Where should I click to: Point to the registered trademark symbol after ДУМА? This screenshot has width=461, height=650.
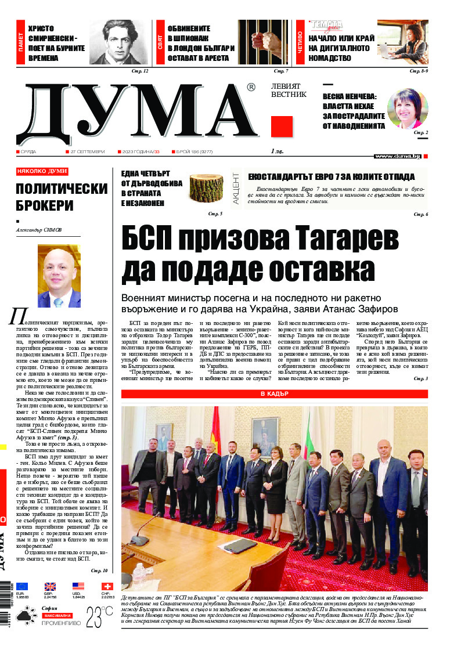click(x=250, y=88)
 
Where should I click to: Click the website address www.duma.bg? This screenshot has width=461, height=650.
click(x=398, y=156)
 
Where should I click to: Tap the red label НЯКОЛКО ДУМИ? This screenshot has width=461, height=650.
click(x=42, y=172)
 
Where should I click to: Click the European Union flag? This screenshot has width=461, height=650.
click(x=22, y=586)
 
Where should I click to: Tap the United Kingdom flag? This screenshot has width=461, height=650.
click(x=50, y=586)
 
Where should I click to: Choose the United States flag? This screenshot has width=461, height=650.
click(x=78, y=586)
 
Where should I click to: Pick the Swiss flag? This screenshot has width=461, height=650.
click(x=106, y=586)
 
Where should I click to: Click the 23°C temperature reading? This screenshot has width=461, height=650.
click(x=99, y=617)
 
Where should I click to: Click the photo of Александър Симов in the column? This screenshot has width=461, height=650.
click(x=59, y=276)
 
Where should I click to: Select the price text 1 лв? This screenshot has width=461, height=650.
click(x=277, y=151)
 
